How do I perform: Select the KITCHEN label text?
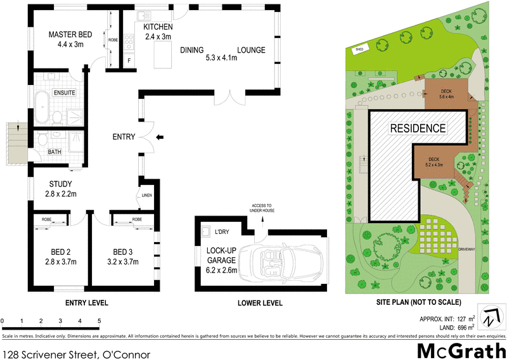(158, 27)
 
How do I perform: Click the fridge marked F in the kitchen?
(129, 61)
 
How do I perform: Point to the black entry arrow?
(159, 136)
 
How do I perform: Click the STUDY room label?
(61, 184)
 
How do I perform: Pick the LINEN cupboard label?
(147, 195)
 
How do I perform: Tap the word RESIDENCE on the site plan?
(417, 128)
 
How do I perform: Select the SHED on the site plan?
(359, 49)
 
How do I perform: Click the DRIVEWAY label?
(466, 250)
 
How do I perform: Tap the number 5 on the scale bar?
(99, 321)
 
